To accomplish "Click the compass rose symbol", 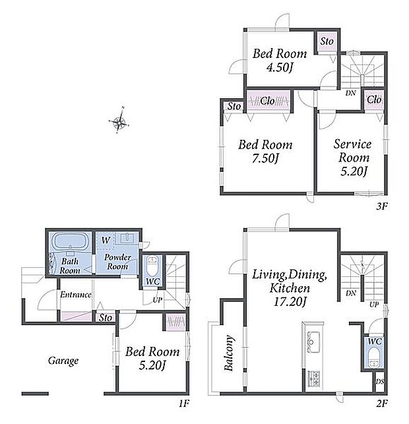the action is [x=119, y=123].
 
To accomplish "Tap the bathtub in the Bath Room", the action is [x=71, y=241].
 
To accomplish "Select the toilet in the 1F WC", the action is [x=152, y=266].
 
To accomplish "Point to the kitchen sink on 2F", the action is [x=313, y=342].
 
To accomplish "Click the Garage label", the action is [x=63, y=361].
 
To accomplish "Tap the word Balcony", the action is [x=229, y=353].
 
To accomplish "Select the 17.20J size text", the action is [x=290, y=301].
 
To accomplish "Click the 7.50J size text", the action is [x=265, y=158].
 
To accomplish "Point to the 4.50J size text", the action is [x=280, y=67].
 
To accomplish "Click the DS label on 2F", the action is [x=380, y=382].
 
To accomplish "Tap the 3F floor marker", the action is [x=382, y=206].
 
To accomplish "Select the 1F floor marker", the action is [x=183, y=404].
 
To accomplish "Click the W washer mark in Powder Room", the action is [x=106, y=240].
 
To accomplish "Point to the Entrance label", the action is [x=76, y=295].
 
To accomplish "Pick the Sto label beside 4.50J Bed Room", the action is [x=327, y=42].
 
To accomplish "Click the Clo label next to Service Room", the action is [x=375, y=100].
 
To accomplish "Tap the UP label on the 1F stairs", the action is [x=158, y=300].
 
